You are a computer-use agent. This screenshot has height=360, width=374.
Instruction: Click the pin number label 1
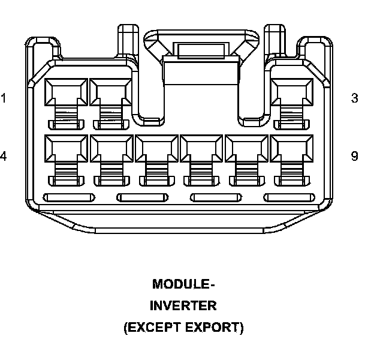pyautogui.click(x=4, y=98)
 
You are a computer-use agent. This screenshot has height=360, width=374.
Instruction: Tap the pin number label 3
pyautogui.click(x=355, y=98)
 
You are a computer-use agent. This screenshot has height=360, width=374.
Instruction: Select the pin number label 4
pyautogui.click(x=4, y=156)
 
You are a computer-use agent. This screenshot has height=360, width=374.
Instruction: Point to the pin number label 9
pyautogui.click(x=355, y=156)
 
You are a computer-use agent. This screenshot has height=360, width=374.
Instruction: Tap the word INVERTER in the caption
pyautogui.click(x=183, y=305)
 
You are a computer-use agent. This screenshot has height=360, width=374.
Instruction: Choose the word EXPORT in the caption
pyautogui.click(x=214, y=328)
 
